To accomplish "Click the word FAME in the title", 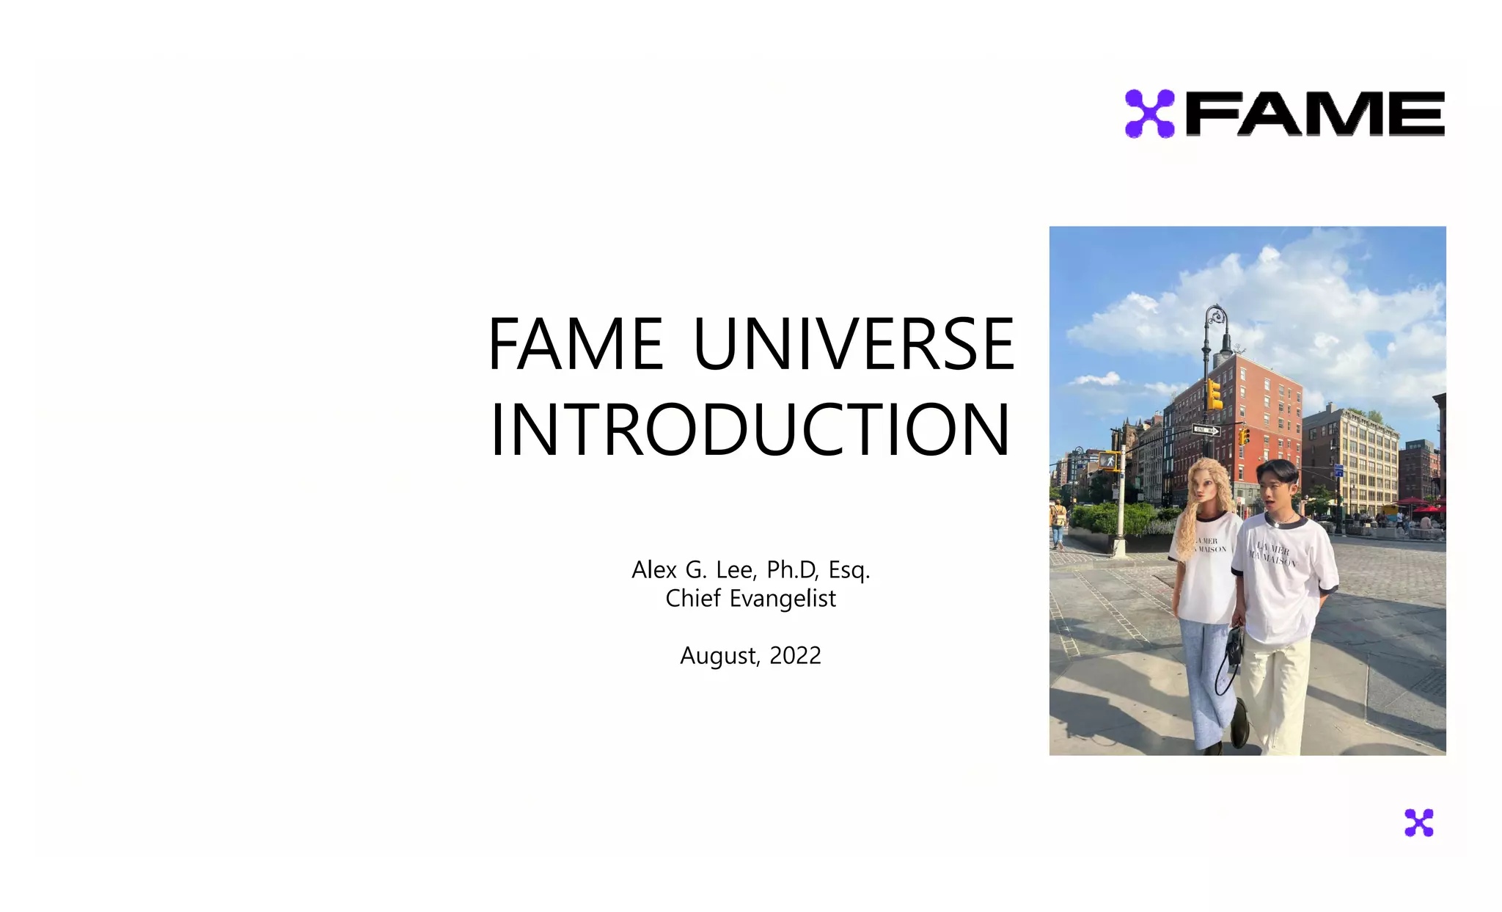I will [x=576, y=344].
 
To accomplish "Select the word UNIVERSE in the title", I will [x=854, y=344].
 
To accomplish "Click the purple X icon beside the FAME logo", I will [x=1149, y=114].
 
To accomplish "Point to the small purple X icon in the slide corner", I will [x=1418, y=822].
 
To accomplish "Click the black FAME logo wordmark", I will [x=1315, y=114].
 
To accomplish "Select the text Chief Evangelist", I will [x=750, y=599].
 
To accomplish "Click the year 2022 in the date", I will [x=795, y=655].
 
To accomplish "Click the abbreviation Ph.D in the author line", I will [x=793, y=570].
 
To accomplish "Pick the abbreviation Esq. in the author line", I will [x=849, y=570].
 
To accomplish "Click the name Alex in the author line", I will [x=654, y=570].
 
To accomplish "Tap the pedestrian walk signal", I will [x=1107, y=461].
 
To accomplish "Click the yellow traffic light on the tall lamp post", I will [x=1215, y=394].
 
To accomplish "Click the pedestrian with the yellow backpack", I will [x=1058, y=522].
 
